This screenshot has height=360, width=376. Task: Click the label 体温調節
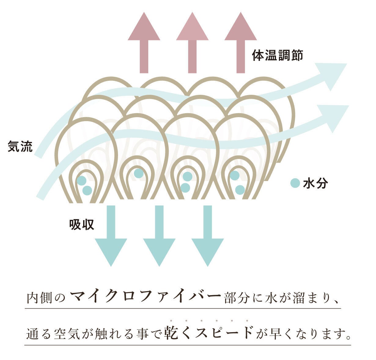point(277,56)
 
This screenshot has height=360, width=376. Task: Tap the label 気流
point(20,147)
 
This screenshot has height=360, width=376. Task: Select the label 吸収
point(81,225)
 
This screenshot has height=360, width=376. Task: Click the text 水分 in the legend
point(315,183)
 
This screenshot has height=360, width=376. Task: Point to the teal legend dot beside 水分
point(295,183)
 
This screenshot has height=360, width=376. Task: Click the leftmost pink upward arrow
point(144,43)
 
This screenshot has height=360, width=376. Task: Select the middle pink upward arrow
point(192,43)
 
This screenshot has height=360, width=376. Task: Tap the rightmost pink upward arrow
point(241,43)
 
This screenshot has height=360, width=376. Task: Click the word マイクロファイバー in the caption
point(145,296)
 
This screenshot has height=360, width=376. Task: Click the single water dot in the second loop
point(138,173)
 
